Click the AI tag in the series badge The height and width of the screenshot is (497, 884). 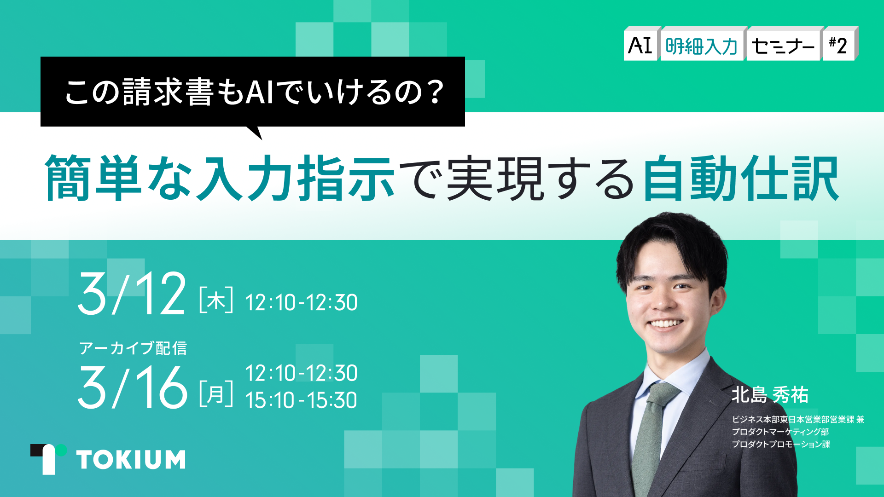[641, 44]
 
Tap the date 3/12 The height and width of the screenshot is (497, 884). [132, 293]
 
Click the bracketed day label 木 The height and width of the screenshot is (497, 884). [216, 301]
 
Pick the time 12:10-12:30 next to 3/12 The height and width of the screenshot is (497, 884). [301, 303]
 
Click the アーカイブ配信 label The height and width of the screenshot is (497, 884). [133, 348]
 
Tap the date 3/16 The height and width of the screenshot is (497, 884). [133, 387]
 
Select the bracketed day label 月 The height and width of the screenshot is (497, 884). [216, 394]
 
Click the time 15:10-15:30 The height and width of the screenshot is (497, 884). [301, 400]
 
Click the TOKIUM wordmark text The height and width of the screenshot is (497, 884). [131, 460]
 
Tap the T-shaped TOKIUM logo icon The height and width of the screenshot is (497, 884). [48, 459]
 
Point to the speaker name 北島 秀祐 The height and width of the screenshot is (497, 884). [770, 395]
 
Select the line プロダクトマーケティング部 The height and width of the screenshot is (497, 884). [780, 432]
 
